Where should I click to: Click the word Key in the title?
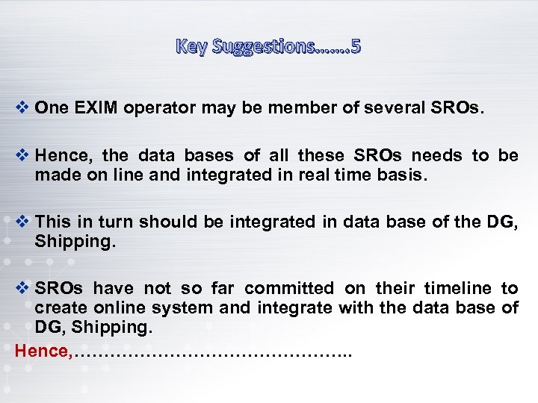point(191,46)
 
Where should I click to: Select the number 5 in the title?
point(355,46)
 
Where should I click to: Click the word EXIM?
point(95,107)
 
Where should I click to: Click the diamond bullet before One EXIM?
point(22,107)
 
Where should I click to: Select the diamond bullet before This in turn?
point(22,221)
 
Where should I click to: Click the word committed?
point(289,288)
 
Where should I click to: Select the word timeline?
point(457,288)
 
